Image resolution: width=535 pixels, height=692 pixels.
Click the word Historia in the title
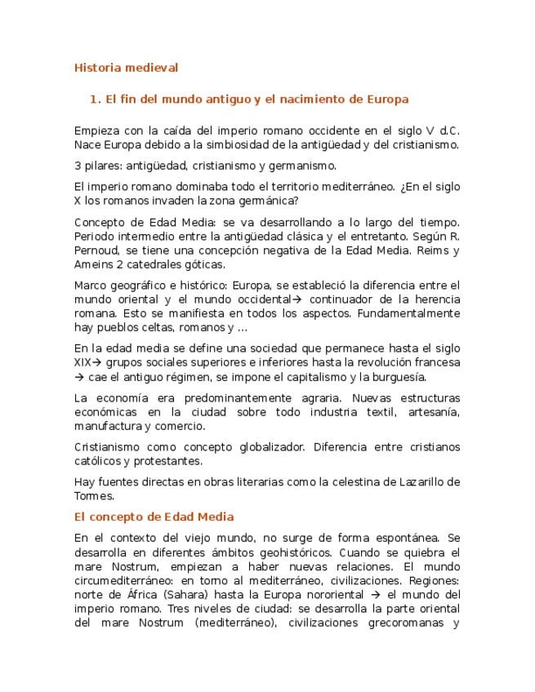coord(96,68)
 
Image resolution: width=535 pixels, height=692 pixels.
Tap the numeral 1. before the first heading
coord(95,100)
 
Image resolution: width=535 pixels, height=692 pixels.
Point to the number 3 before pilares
coord(77,166)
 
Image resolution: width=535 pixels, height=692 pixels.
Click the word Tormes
coord(93,495)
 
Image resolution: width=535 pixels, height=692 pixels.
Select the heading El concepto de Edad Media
coord(154,517)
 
